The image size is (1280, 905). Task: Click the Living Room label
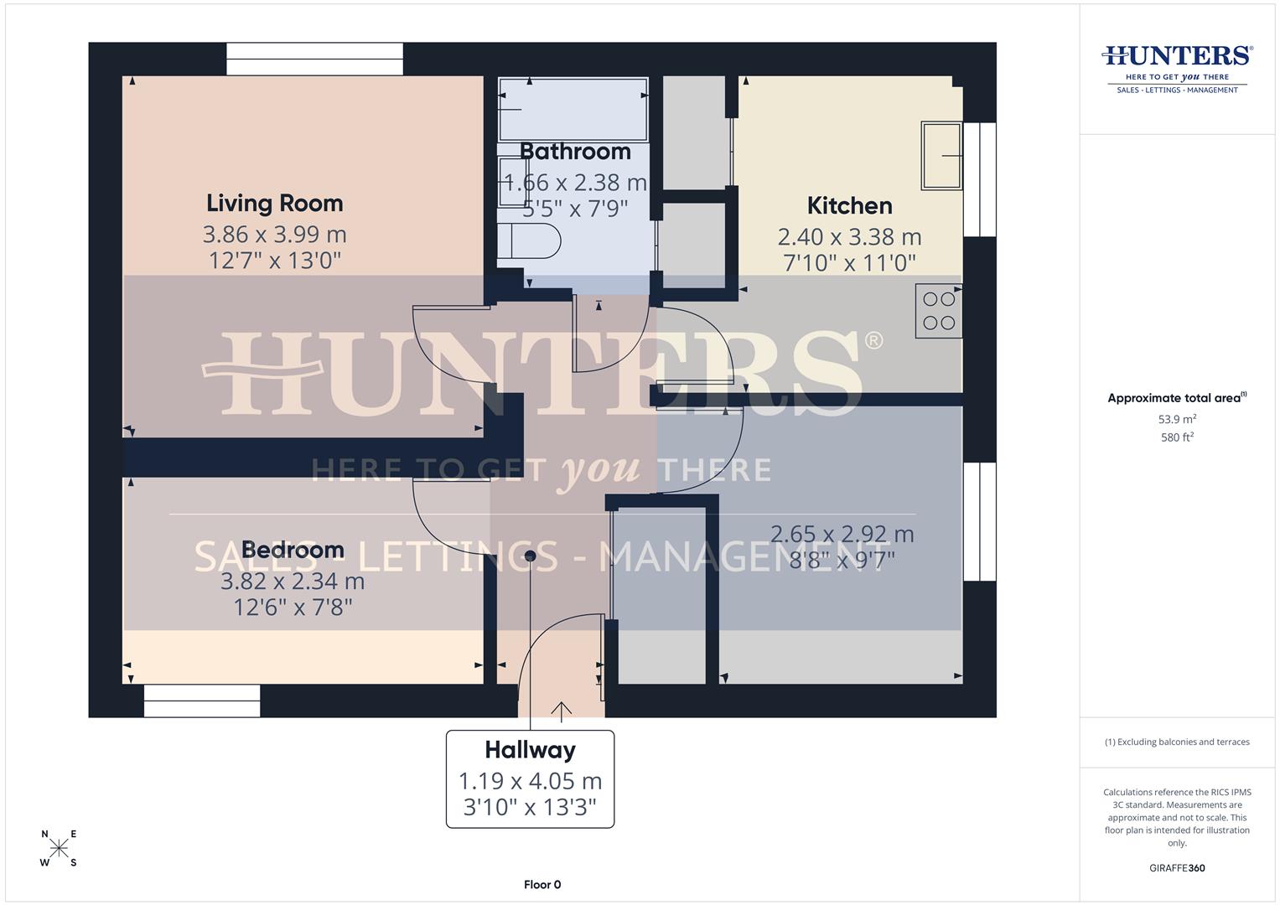[x=274, y=203]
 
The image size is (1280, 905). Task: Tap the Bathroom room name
[x=575, y=152]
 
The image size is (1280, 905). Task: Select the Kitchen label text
[x=849, y=205]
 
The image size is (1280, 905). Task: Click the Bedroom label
[x=293, y=550]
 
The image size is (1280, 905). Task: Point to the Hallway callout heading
[x=530, y=750]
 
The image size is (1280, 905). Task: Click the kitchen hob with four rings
[x=938, y=311]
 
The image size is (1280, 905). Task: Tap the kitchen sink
[x=941, y=155]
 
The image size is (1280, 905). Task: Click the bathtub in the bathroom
[x=573, y=109]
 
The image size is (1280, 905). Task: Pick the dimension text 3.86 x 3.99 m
[x=274, y=234]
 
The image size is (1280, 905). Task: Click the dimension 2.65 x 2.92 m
[x=842, y=534]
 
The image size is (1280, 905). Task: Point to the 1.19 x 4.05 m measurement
[x=530, y=781]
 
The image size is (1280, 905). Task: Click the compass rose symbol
[x=59, y=848]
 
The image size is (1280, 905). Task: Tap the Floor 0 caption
[x=542, y=884]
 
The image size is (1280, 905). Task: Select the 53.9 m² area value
[x=1177, y=419]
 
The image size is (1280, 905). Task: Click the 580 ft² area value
[x=1177, y=437]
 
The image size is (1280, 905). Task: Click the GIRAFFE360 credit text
[x=1177, y=868]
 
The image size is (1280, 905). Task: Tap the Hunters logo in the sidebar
[x=1177, y=67]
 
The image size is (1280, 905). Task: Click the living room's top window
[x=314, y=59]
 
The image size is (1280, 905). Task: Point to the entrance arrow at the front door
[x=561, y=711]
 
